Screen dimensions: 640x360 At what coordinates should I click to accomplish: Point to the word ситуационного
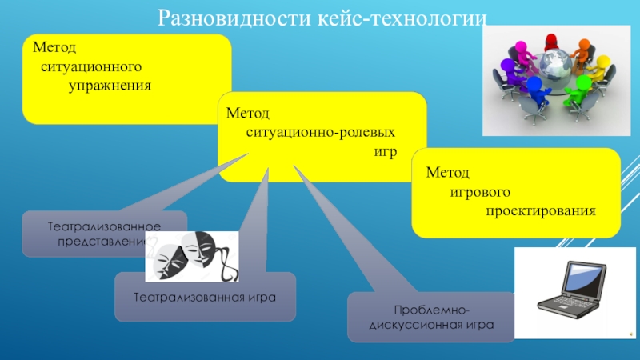pyautogui.click(x=92, y=66)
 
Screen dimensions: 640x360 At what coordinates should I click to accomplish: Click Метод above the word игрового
pyautogui.click(x=447, y=172)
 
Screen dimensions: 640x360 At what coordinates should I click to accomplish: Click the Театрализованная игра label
pyautogui.click(x=205, y=297)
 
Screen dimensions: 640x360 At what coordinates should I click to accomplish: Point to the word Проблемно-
pyautogui.click(x=431, y=310)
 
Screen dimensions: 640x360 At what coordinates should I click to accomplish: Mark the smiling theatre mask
pyautogui.click(x=198, y=250)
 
